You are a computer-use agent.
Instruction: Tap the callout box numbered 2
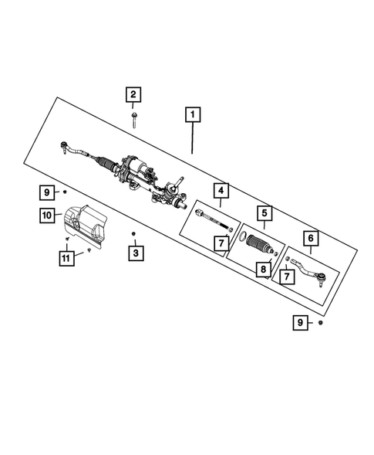pos(133,95)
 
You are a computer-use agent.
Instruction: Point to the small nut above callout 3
pos(134,233)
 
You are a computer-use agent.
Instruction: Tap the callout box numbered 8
pos(264,270)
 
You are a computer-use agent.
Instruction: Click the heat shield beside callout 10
pos(85,225)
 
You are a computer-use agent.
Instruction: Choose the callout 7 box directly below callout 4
pos(221,243)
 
